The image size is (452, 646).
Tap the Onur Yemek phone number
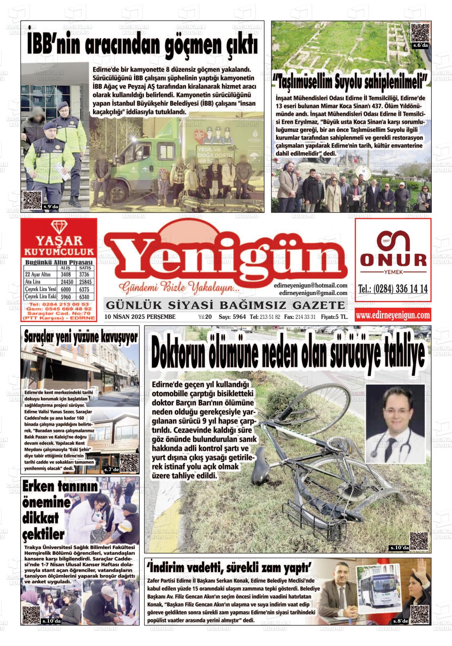point(393,289)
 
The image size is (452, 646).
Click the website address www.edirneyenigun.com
point(393,315)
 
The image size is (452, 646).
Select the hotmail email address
point(310,286)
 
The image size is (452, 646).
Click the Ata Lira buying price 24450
point(65,282)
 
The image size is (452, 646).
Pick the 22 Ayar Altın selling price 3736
point(84,274)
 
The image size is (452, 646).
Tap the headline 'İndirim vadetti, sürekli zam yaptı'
point(230,568)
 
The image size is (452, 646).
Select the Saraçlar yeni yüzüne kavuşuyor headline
point(80,337)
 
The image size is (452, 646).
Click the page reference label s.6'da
point(420,46)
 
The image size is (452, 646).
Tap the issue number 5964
point(239,317)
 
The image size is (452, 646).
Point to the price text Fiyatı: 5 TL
point(334,317)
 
